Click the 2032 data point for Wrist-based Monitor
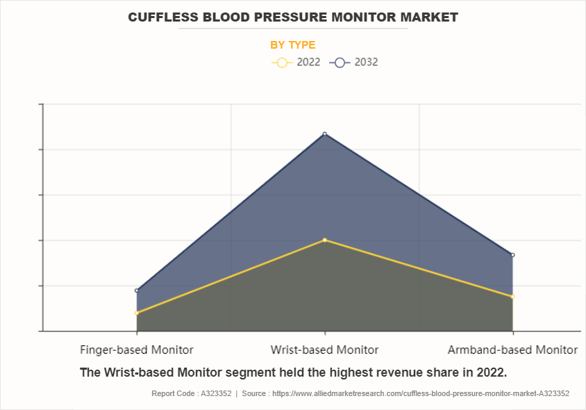click(x=324, y=134)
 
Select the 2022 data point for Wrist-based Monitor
click(x=324, y=240)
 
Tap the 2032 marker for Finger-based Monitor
click(x=137, y=290)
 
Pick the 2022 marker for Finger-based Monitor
click(x=137, y=313)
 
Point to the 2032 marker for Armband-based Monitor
click(x=512, y=255)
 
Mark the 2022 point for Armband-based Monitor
click(x=512, y=297)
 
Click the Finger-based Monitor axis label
click(x=137, y=350)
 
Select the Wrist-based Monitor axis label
click(x=324, y=350)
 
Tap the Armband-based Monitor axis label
click(x=512, y=350)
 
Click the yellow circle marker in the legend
click(x=281, y=63)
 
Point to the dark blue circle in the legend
click(x=340, y=63)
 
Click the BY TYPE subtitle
click(x=292, y=45)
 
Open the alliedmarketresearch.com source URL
click(x=421, y=393)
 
